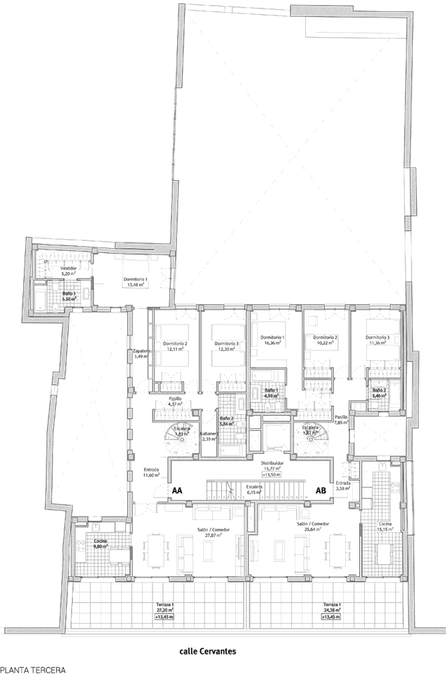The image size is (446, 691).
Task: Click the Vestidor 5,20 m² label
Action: [x=69, y=272]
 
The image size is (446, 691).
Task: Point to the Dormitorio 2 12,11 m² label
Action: [x=175, y=346]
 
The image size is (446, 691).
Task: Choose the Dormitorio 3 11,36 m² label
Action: [x=377, y=341]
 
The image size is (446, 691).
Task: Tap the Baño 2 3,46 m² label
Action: [x=379, y=394]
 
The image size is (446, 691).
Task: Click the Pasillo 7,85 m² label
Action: [x=341, y=420]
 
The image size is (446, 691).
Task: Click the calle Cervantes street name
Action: [x=207, y=651]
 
